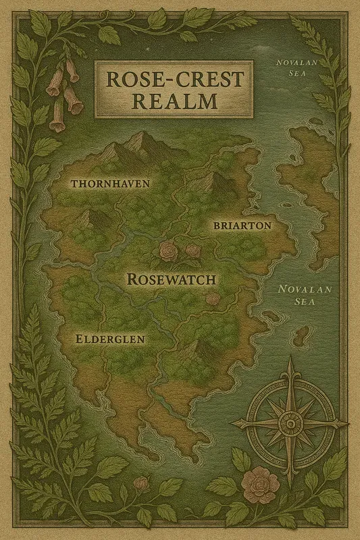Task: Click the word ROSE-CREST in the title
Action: (174, 80)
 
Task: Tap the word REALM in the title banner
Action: (174, 102)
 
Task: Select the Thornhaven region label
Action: (110, 183)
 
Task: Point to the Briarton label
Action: (242, 225)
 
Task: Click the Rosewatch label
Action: (175, 278)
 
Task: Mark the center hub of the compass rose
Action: (290, 423)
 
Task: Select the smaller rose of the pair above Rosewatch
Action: (193, 252)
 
